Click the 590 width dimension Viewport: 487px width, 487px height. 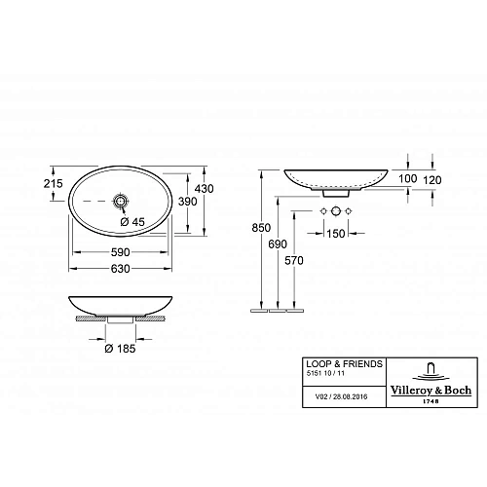[121, 250]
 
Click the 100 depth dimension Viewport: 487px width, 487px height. [406, 180]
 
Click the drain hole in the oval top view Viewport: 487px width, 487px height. [121, 202]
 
